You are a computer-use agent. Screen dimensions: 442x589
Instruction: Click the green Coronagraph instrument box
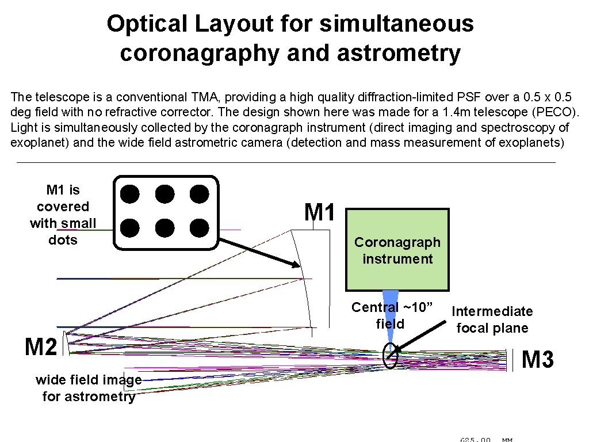pos(397,250)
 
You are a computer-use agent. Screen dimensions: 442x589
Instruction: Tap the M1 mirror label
pos(319,212)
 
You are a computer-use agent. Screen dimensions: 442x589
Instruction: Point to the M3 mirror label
pos(537,360)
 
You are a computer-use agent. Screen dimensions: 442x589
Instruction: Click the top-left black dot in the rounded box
pos(131,195)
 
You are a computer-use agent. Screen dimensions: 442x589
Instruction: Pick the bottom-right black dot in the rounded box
pos(199,228)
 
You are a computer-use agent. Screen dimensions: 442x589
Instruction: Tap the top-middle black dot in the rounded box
pos(165,195)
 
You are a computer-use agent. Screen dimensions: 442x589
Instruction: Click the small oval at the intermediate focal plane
pos(391,356)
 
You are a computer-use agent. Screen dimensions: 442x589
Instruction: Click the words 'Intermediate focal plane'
pos(492,319)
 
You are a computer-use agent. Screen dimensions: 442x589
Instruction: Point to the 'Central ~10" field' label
pos(391,315)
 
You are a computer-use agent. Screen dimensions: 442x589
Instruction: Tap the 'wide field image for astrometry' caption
pos(89,388)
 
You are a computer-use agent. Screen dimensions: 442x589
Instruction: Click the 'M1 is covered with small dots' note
pos(63,215)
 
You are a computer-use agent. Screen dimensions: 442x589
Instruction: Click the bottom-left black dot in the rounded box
pos(131,228)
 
